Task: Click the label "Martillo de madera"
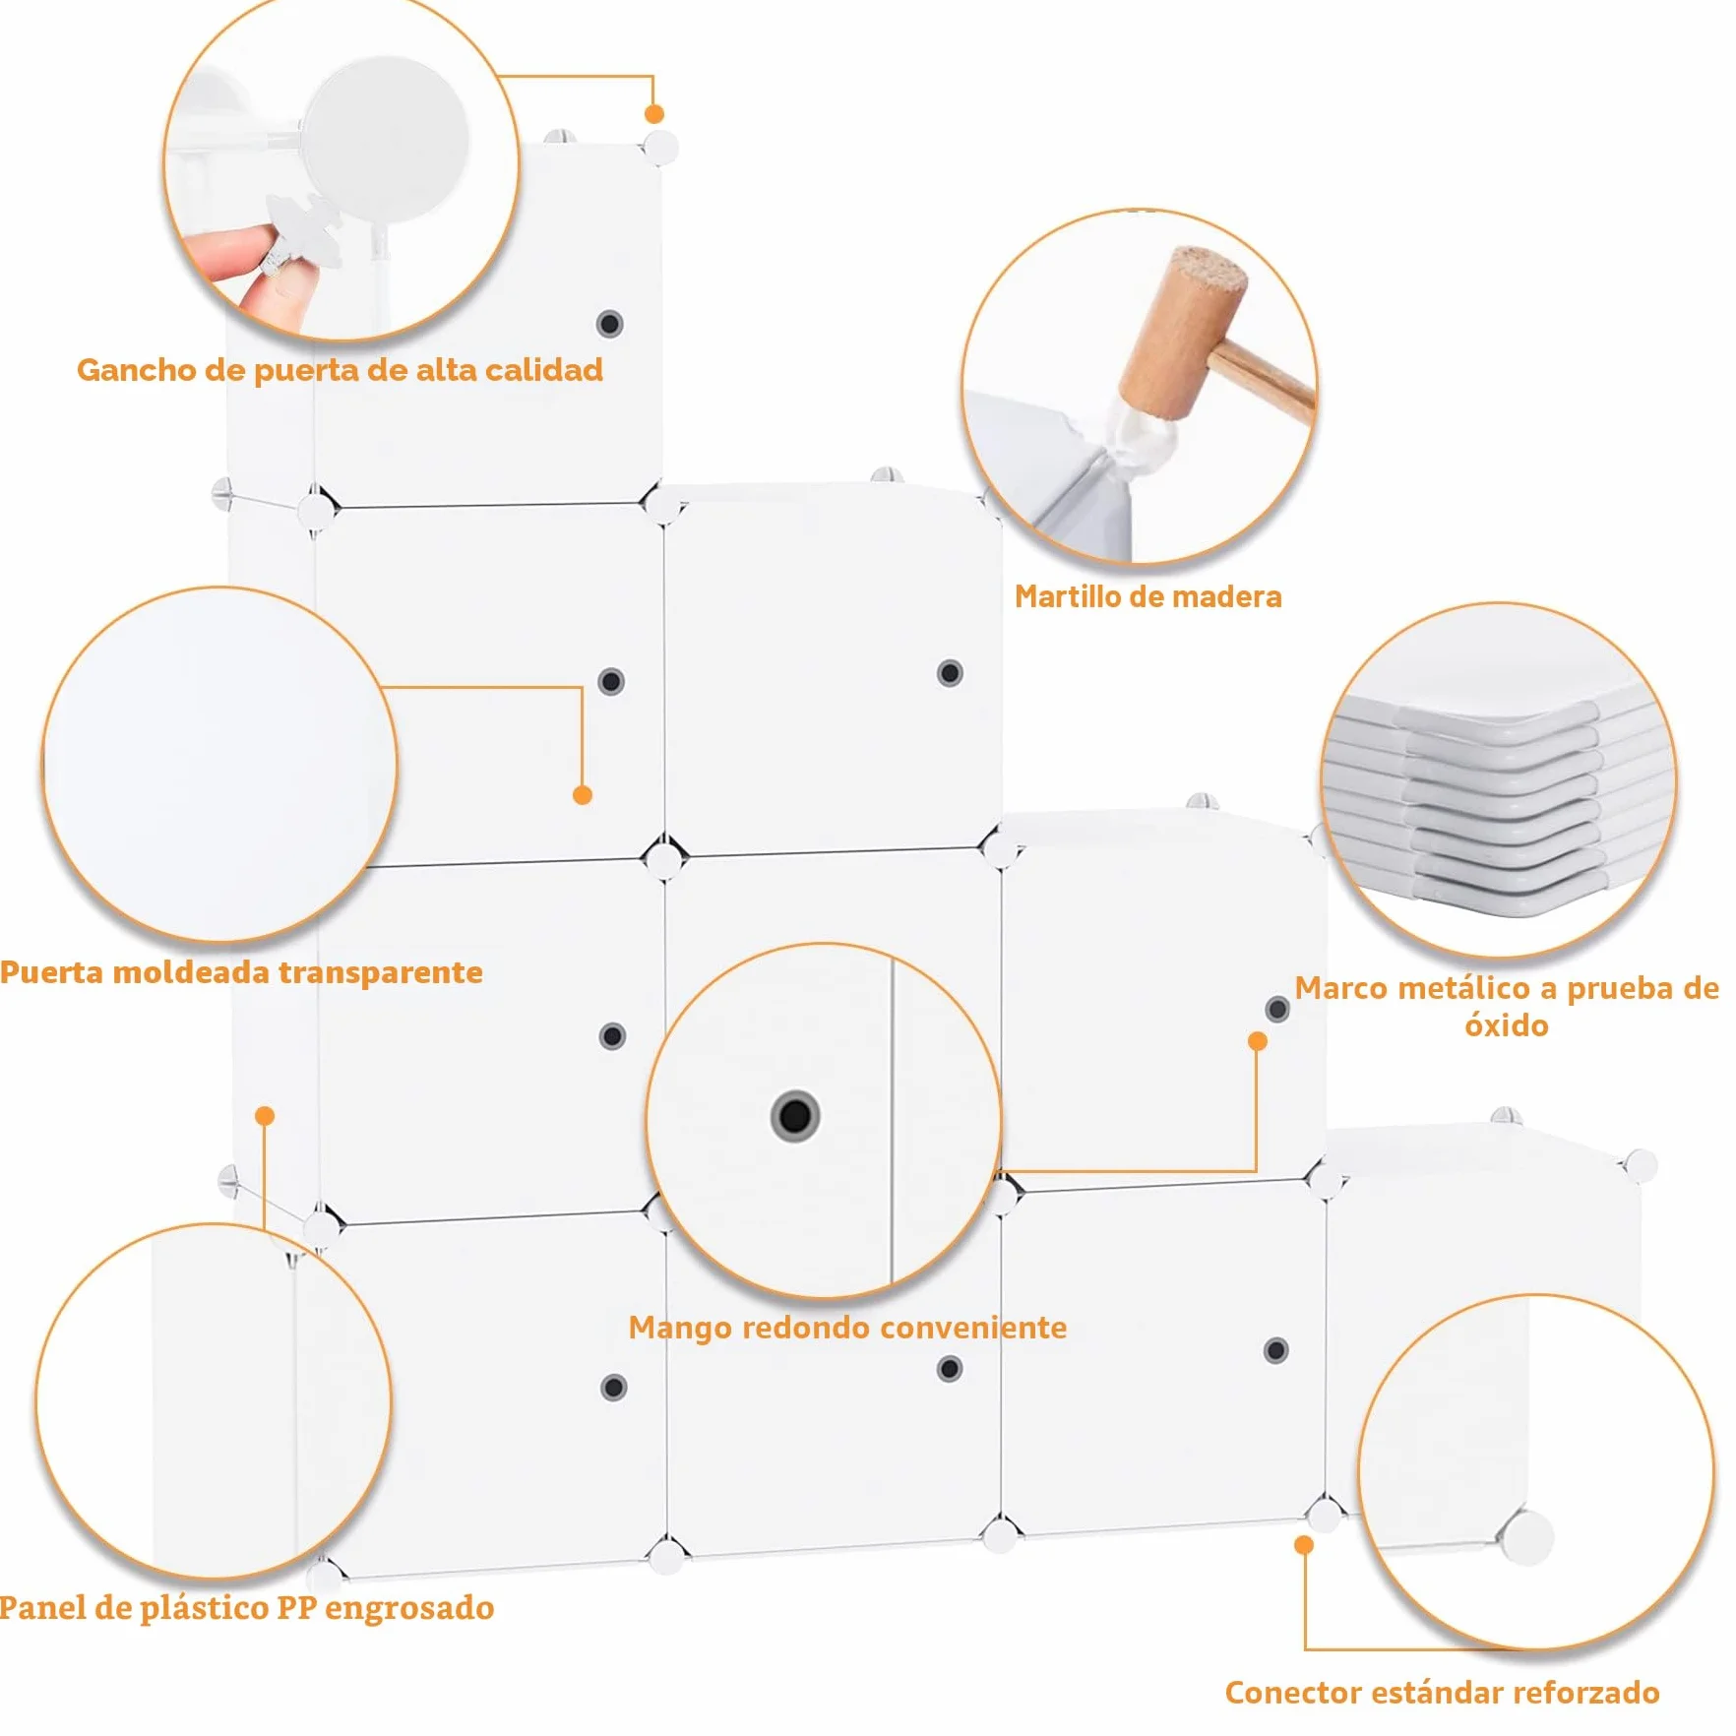tap(1147, 596)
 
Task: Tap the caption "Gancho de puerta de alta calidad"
tap(341, 370)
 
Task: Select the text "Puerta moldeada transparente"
tap(241, 972)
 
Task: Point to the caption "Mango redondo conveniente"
tap(847, 1328)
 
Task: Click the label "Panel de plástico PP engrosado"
tap(247, 1609)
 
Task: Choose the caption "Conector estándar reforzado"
tap(1442, 1693)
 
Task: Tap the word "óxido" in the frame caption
tap(1507, 1025)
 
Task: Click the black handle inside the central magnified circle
tap(794, 1116)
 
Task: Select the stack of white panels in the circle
tap(1496, 798)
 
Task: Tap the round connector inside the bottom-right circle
tap(1526, 1537)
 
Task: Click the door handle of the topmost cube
tap(609, 324)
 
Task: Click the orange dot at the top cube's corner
tap(653, 114)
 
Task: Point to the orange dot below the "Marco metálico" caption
tap(1257, 1041)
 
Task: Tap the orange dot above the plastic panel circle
tap(264, 1116)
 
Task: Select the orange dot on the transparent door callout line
tap(582, 795)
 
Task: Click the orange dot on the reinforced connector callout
tap(1304, 1545)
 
